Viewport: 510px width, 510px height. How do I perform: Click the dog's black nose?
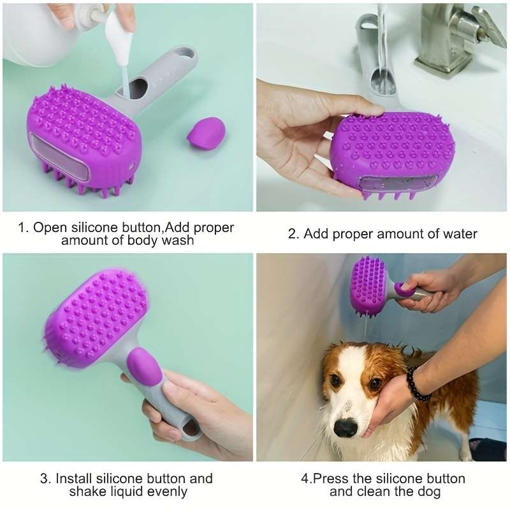pos(346,426)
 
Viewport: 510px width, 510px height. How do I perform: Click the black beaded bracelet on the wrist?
pos(418,384)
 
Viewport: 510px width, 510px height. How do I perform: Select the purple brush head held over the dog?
pos(368,286)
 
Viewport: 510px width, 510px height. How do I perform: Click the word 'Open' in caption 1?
pos(50,228)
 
